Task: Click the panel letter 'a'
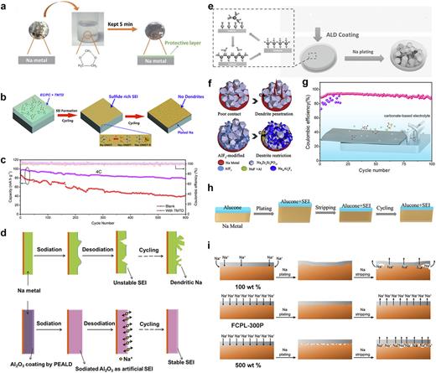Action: click(x=5, y=5)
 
